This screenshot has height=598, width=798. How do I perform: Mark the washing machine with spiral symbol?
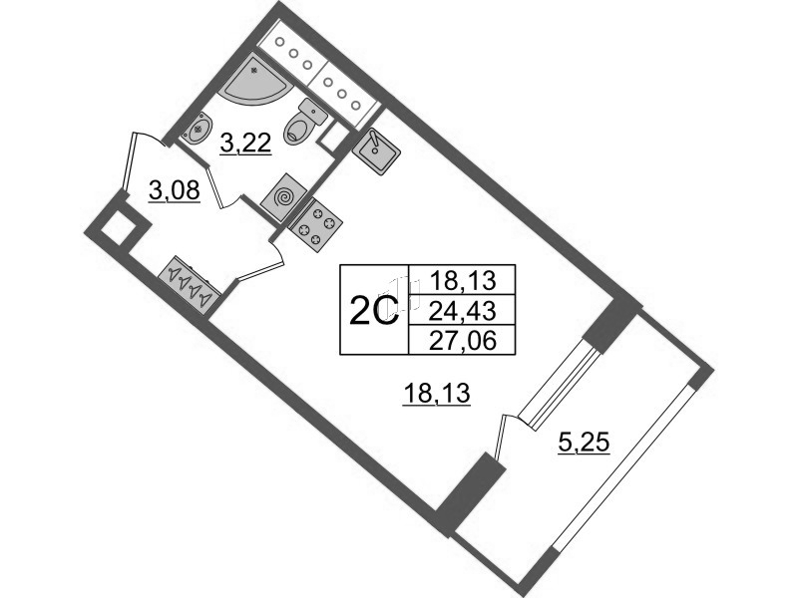[x=284, y=195]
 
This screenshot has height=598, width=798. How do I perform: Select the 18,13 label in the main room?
[x=436, y=396]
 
